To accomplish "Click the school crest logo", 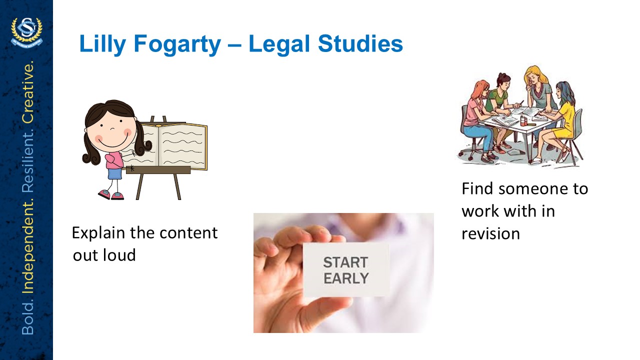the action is tap(26, 32).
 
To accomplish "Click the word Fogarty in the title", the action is tap(177, 44).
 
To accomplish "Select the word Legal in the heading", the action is tap(279, 44).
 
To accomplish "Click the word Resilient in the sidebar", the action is tap(28, 161).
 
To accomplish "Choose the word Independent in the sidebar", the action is tap(28, 246).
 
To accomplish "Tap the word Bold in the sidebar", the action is tap(28, 317).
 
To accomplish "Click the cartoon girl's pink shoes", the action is tap(111, 195).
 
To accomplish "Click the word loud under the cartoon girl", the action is tap(119, 255).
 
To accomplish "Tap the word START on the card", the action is tap(345, 262).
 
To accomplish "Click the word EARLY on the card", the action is tap(346, 278).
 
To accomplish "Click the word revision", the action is tap(490, 234).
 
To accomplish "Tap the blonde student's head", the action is tap(535, 75).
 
